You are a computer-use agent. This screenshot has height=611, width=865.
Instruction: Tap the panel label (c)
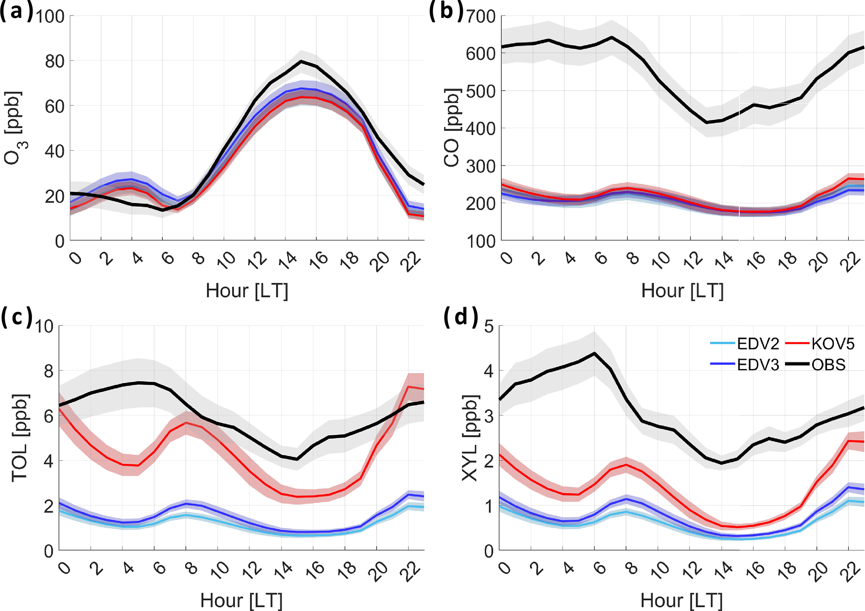point(17,317)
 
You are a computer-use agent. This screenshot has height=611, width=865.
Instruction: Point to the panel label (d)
point(460,317)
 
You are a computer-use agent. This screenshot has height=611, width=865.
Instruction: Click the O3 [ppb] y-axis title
point(14,128)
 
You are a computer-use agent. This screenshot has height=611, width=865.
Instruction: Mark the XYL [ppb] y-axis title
point(470,438)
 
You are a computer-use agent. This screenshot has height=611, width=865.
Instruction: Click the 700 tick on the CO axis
point(480,17)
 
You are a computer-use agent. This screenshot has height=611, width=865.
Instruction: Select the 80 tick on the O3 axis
point(55,62)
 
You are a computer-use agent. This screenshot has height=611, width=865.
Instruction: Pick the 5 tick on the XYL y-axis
point(488,327)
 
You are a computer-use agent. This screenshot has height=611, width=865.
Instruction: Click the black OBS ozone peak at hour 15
point(301,61)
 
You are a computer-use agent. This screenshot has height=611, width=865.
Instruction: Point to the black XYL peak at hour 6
point(594,353)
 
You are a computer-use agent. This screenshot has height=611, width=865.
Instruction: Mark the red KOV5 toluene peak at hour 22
point(409,387)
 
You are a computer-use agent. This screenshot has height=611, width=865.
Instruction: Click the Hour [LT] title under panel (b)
point(682,291)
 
